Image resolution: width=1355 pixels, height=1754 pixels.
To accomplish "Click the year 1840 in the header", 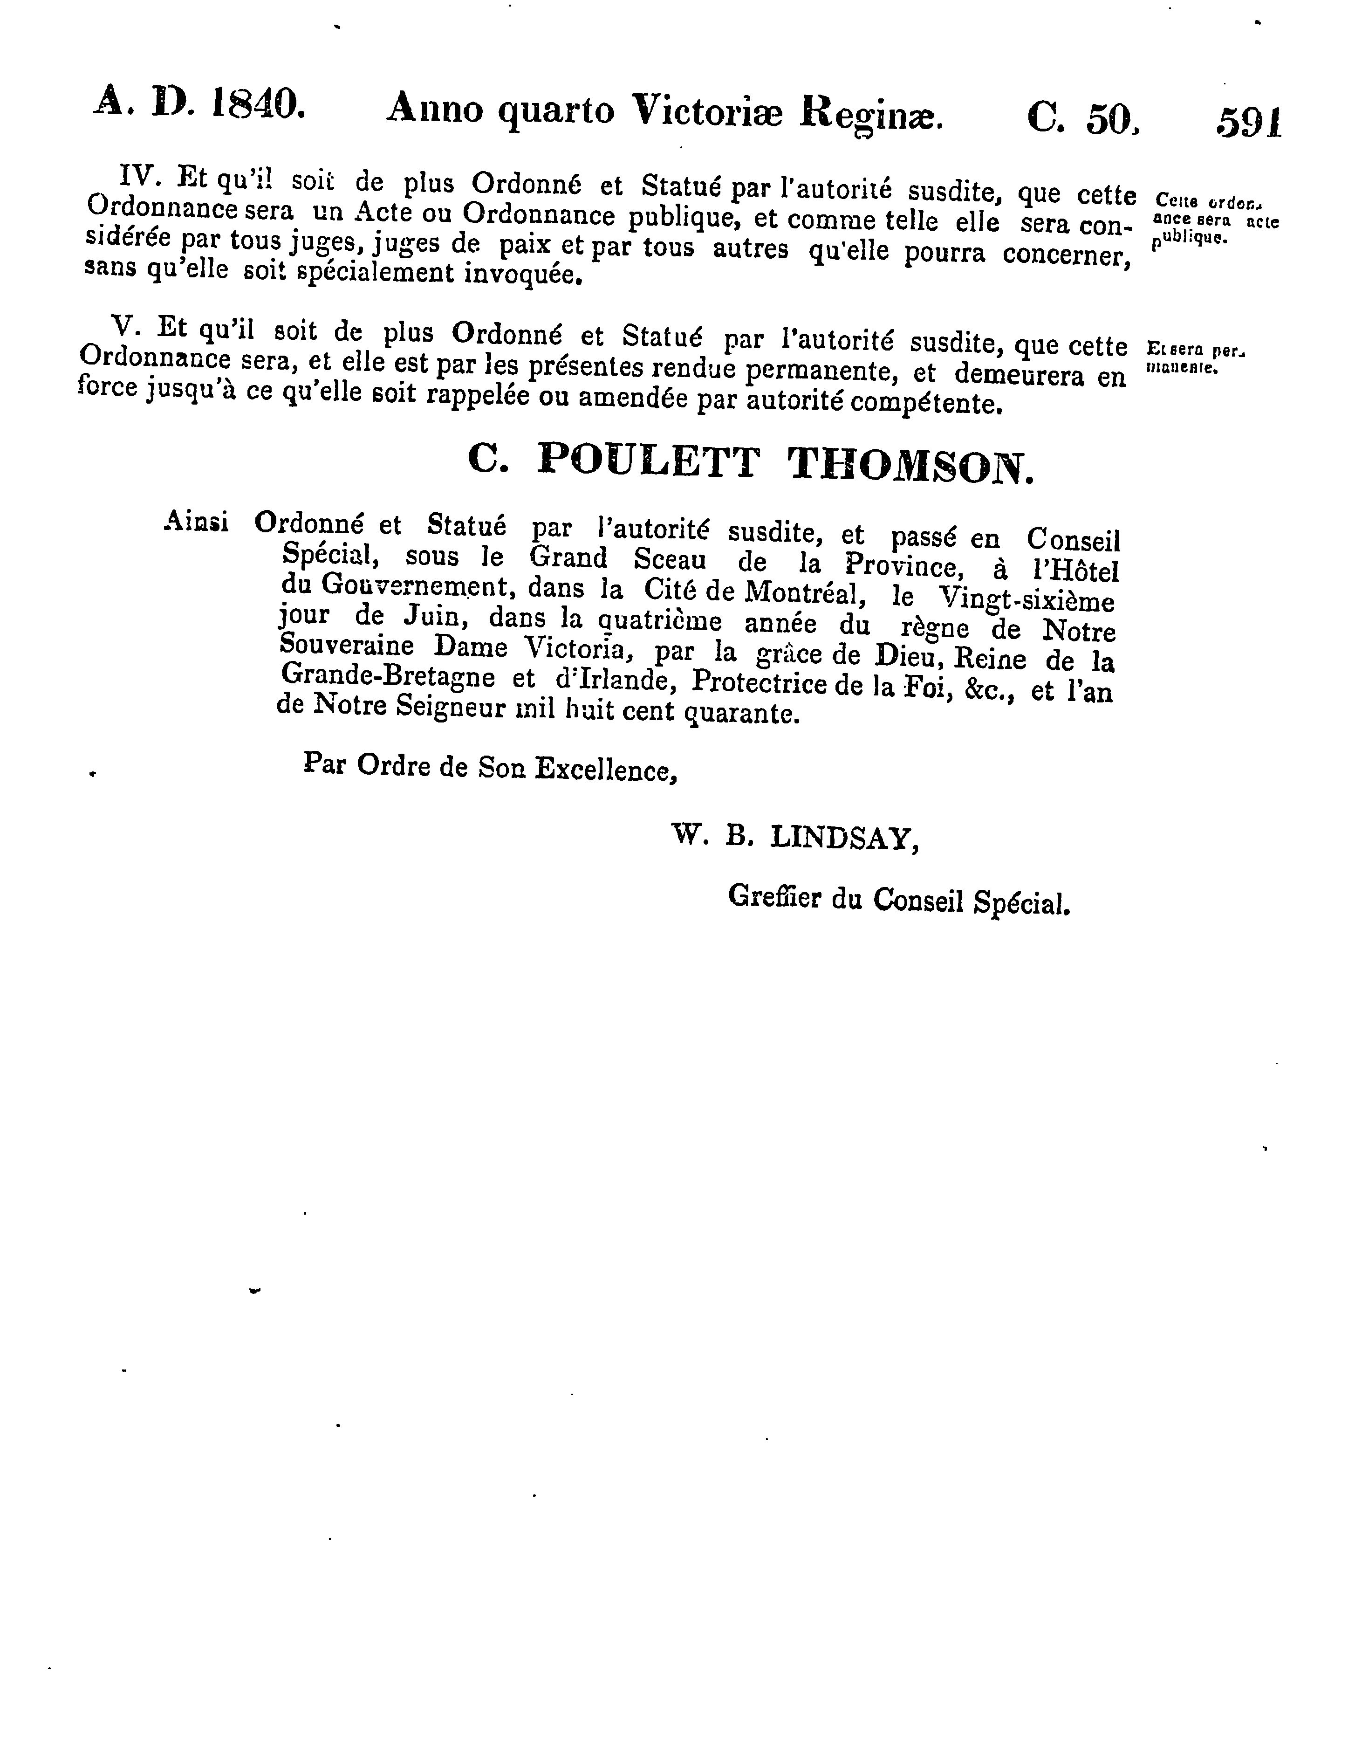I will point(259,104).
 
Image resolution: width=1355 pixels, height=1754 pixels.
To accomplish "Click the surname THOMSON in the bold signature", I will point(911,466).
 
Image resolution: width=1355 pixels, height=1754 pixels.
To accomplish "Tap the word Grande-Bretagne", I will point(390,676).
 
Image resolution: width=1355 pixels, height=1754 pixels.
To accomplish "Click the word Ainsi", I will point(196,522).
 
